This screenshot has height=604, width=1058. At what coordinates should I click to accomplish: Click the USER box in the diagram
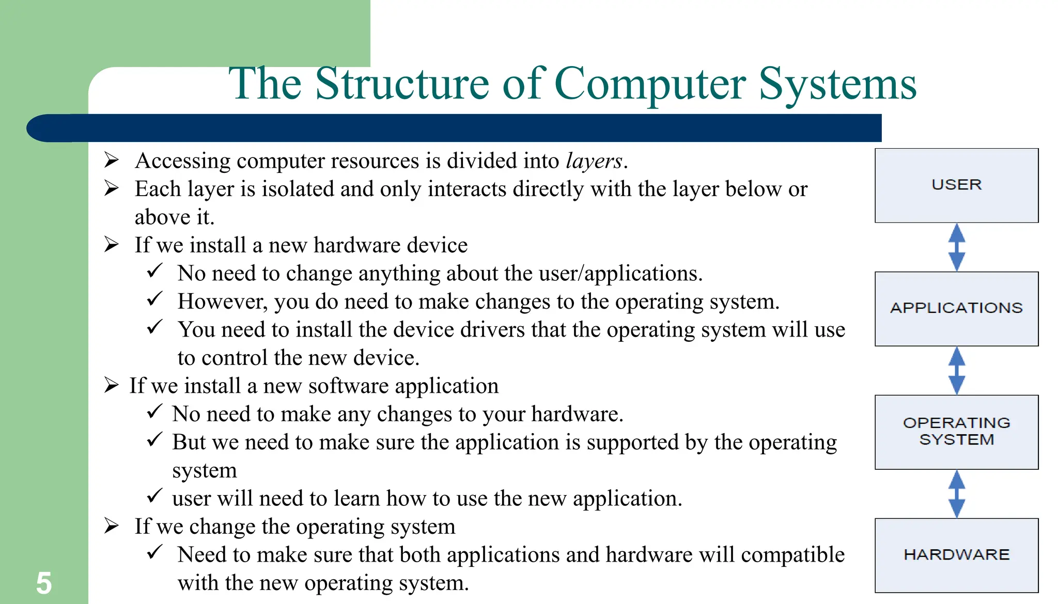click(x=956, y=185)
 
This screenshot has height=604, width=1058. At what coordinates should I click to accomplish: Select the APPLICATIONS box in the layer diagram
click(x=956, y=308)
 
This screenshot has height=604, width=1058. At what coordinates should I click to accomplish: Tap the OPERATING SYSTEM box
click(x=956, y=432)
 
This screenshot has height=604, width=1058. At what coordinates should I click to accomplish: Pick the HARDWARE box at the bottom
click(x=956, y=555)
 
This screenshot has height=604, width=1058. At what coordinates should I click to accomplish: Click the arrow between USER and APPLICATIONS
click(x=957, y=247)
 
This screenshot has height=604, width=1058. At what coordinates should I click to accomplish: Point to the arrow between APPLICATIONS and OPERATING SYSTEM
click(x=957, y=370)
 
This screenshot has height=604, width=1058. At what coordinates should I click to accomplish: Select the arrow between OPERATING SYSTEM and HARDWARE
click(x=957, y=494)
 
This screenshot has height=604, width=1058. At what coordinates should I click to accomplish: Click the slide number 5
click(x=44, y=583)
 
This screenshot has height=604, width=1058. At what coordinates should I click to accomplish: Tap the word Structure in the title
click(x=402, y=84)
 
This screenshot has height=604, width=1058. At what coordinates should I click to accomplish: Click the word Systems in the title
click(x=837, y=84)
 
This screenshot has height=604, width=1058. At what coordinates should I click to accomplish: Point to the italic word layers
click(x=594, y=161)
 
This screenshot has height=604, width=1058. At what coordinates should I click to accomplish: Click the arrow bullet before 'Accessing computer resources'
click(x=112, y=160)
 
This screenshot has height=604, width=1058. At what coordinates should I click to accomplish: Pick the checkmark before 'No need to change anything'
click(x=154, y=271)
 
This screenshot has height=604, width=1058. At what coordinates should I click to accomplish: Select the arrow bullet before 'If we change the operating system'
click(x=112, y=526)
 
